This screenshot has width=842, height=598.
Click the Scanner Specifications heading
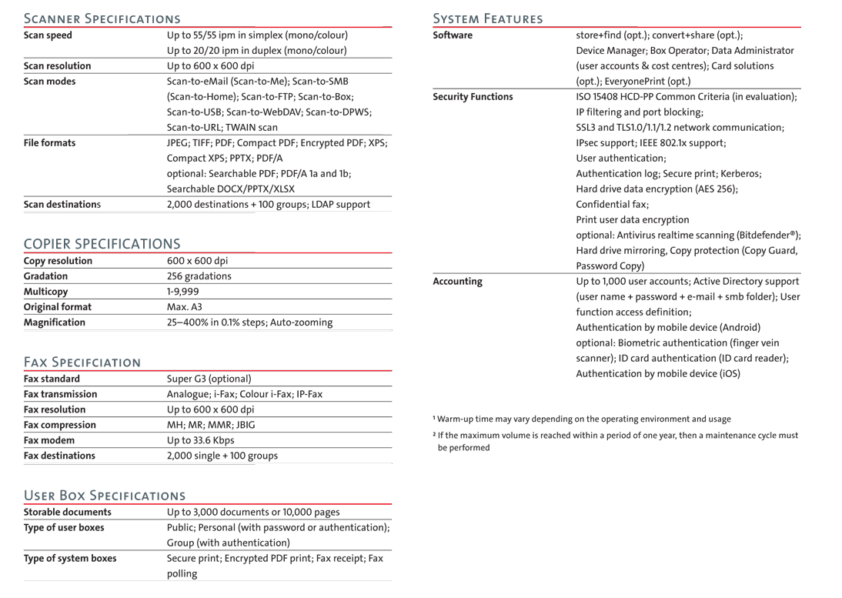[102, 18]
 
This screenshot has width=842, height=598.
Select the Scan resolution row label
[57, 66]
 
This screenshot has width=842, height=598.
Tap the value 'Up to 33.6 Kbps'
[201, 440]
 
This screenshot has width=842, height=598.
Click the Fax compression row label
[60, 425]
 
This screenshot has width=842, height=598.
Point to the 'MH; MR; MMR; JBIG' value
[211, 425]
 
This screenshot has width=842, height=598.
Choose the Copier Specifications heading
[102, 244]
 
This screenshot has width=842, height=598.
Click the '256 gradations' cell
[199, 276]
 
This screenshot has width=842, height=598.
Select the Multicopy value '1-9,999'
[183, 292]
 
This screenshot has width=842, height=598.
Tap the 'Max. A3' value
[185, 307]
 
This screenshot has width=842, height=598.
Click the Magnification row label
[55, 322]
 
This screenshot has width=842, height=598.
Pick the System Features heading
[488, 18]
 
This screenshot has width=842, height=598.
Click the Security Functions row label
[473, 97]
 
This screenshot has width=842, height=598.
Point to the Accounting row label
[457, 282]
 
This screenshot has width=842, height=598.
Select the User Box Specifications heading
[105, 495]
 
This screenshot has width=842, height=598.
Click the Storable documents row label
[68, 512]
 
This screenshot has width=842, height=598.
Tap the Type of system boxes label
[70, 559]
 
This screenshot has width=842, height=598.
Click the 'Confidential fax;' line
[612, 205]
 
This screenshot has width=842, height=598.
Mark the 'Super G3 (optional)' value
[209, 379]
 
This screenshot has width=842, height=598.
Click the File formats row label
[49, 143]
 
